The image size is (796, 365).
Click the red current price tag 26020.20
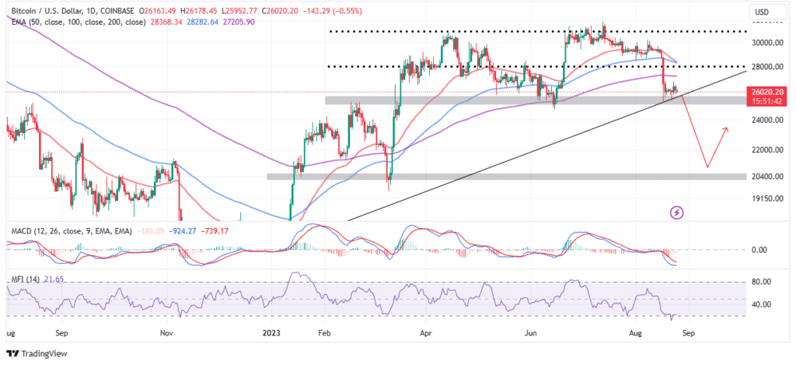point(765,92)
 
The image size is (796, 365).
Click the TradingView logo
point(40,350)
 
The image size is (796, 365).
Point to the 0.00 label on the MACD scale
point(760,250)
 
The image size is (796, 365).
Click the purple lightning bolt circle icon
point(676,212)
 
